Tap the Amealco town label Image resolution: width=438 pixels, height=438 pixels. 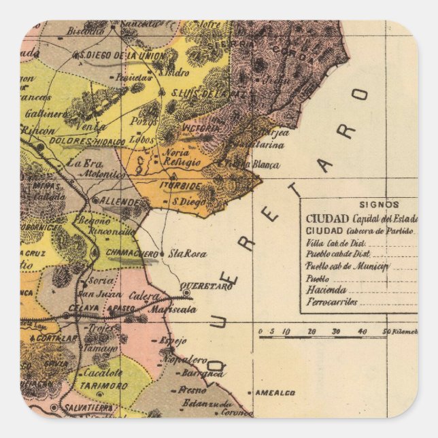[x=275, y=392]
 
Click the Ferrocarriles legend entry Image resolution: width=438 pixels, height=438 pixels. [x=332, y=301]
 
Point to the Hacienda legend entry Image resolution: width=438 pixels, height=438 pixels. [x=326, y=290]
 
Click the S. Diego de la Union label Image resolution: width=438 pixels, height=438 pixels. [x=118, y=54]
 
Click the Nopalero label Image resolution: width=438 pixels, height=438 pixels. [x=185, y=358]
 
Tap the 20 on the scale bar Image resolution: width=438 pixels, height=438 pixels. [x=311, y=331]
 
